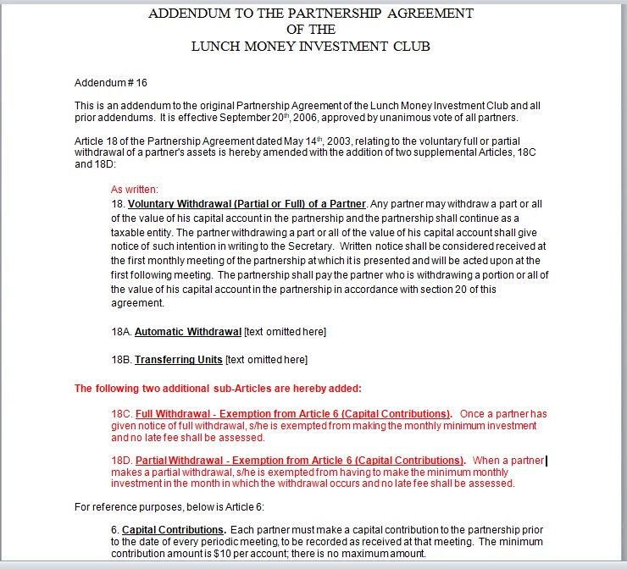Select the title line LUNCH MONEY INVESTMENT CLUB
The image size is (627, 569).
pos(310,46)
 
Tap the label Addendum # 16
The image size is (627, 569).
pos(111,83)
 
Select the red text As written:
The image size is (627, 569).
pos(135,190)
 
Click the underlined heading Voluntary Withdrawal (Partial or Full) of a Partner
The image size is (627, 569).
pos(247,204)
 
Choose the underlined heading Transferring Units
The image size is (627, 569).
pos(178,360)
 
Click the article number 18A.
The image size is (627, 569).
pos(121,331)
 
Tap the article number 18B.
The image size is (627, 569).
pos(121,360)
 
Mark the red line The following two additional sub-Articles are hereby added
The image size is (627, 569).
pos(218,389)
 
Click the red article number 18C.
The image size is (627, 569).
pos(121,414)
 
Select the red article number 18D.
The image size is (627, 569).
pos(121,461)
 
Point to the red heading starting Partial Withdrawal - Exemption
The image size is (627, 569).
pos(300,461)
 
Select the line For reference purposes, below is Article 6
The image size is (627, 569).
pos(169,507)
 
